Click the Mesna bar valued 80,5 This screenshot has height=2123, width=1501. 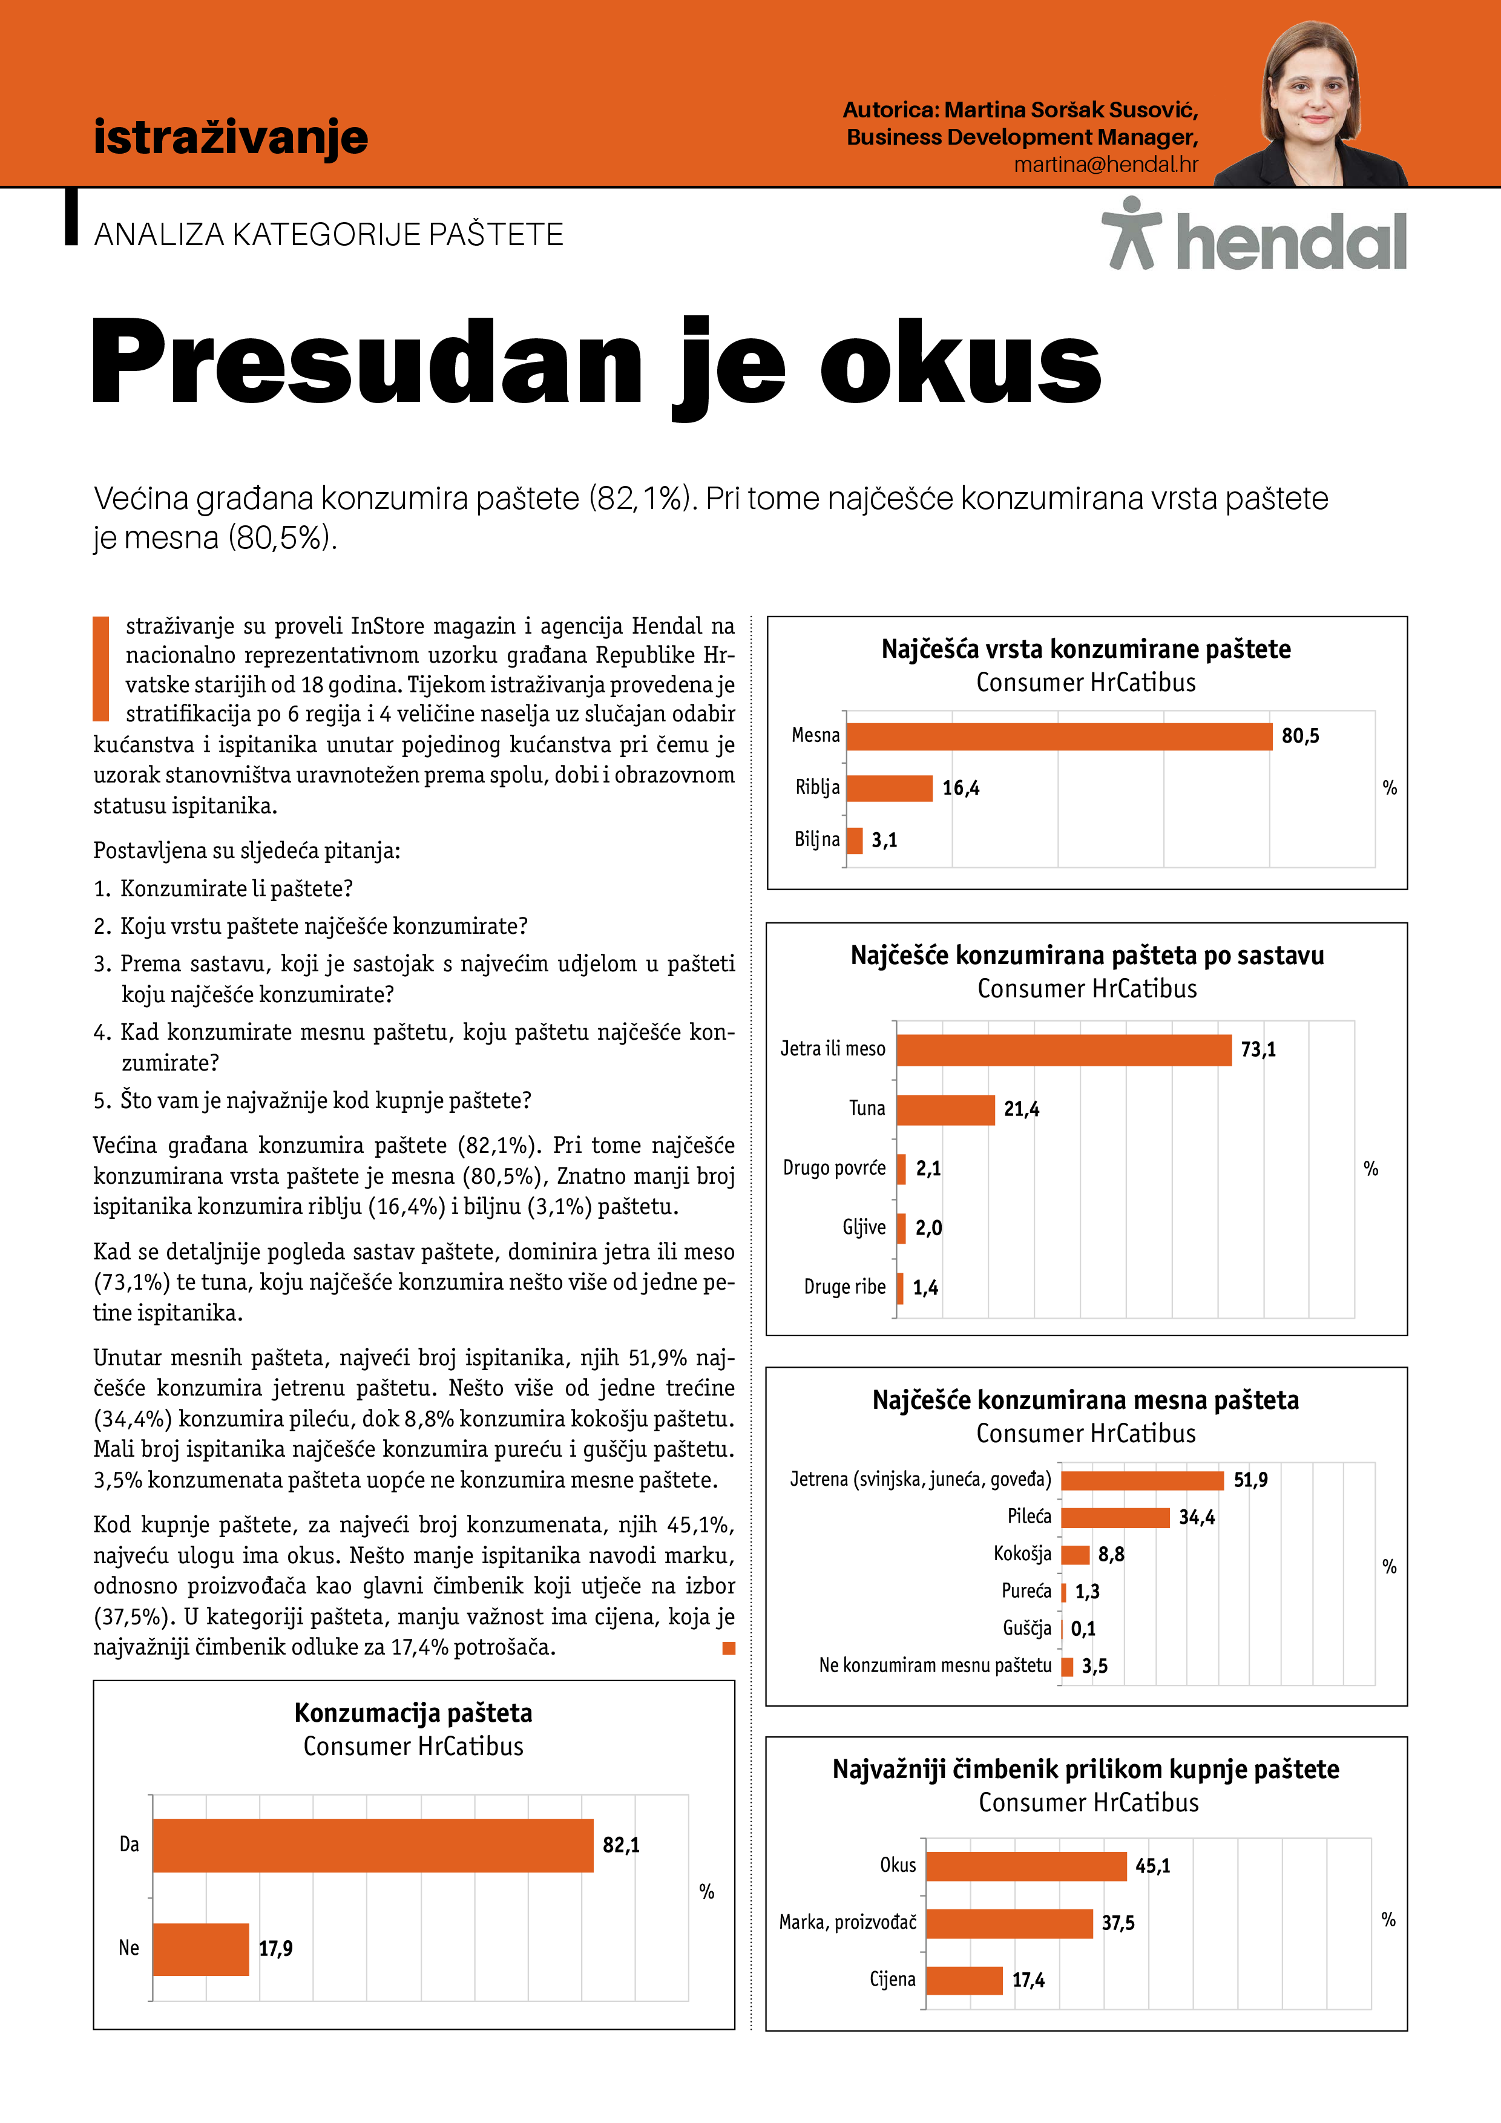click(1059, 736)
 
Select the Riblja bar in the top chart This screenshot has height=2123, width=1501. click(888, 788)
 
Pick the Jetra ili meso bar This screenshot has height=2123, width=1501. click(1063, 1049)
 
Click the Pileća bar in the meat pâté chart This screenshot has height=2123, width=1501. click(1115, 1517)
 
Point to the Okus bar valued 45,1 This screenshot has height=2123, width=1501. click(1026, 1866)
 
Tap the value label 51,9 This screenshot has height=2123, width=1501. click(1250, 1480)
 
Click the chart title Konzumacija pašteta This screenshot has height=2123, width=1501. click(413, 1713)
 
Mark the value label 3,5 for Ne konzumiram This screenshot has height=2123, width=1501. click(1095, 1666)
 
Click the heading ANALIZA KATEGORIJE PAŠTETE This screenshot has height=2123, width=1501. click(328, 235)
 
